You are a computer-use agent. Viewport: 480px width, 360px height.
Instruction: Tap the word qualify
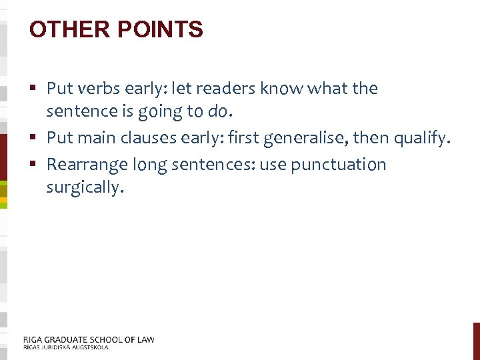(x=422, y=139)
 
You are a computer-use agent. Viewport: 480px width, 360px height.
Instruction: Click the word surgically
(x=84, y=188)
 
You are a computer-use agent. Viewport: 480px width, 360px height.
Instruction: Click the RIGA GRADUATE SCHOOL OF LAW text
(x=89, y=339)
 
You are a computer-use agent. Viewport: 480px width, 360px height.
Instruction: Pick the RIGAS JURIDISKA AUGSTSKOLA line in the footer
(x=65, y=347)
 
